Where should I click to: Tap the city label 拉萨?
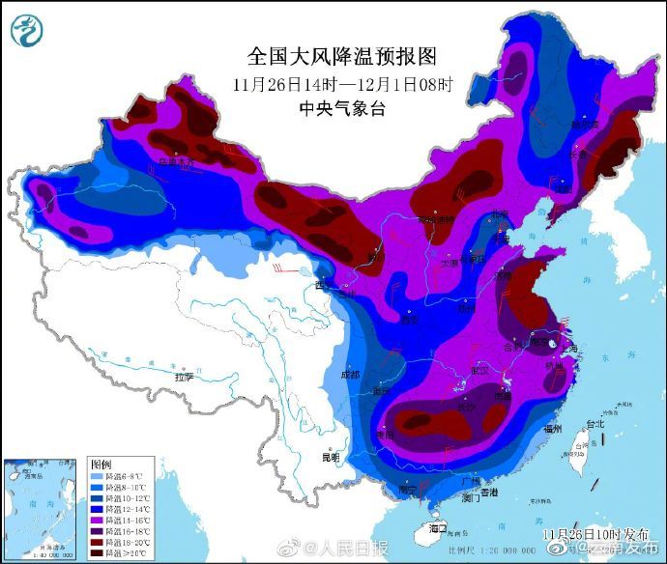(x=184, y=377)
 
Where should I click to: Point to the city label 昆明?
(x=332, y=457)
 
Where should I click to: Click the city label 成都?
(x=349, y=374)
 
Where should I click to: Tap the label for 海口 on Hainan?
(x=438, y=527)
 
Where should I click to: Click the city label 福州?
(x=553, y=427)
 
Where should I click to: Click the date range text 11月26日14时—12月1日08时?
(x=342, y=83)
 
